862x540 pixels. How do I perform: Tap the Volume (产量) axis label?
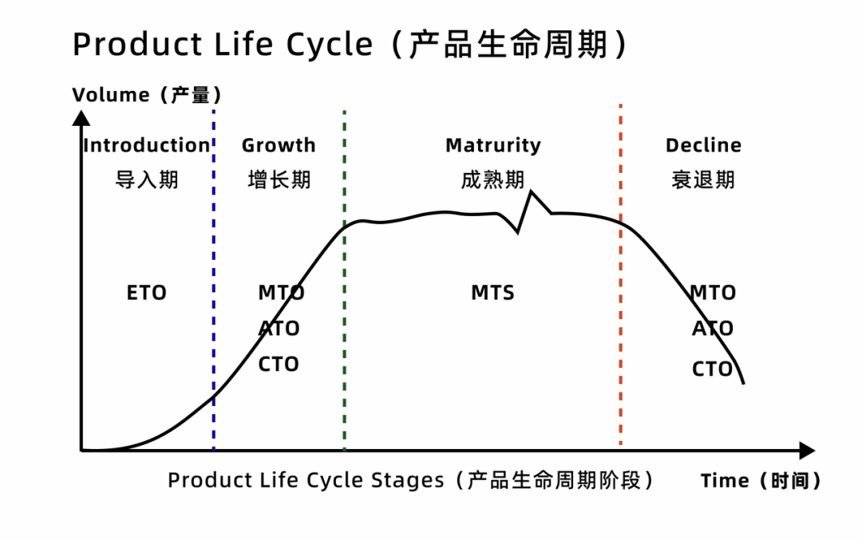point(147,95)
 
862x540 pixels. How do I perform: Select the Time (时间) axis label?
point(761,481)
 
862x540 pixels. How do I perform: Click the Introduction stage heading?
point(147,145)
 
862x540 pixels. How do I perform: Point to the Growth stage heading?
point(279,145)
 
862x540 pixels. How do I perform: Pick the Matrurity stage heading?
point(492,145)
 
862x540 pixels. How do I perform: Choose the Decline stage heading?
point(703,145)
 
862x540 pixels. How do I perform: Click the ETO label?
point(147,293)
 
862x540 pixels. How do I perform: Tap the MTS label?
point(492,293)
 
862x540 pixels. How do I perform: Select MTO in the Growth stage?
point(281,293)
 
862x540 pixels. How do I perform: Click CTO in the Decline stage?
point(712,369)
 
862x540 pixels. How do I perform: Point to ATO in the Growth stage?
point(279,329)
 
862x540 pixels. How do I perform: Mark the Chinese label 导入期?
point(147,179)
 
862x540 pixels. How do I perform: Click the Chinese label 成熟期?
point(492,179)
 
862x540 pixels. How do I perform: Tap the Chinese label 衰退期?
point(703,179)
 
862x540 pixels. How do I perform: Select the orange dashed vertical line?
point(620,319)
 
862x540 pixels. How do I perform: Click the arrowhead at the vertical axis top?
point(81,118)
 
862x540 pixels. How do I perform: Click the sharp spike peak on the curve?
point(532,192)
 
